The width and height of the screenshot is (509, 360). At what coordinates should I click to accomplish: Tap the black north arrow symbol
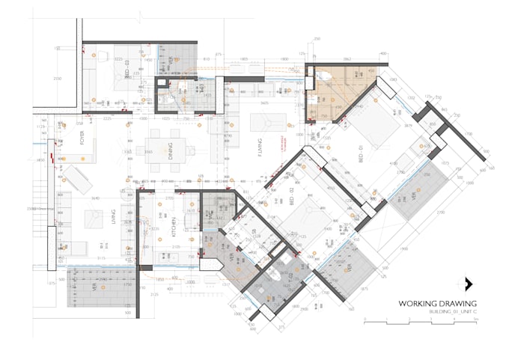[469, 284]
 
